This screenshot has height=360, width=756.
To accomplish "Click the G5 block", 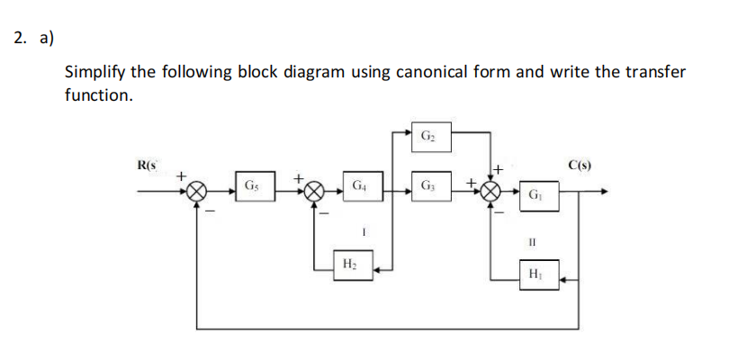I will [x=254, y=187].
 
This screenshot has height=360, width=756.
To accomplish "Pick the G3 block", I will [x=427, y=187].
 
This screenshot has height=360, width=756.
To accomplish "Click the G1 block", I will [x=535, y=193].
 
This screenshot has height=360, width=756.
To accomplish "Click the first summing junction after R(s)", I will [x=198, y=191].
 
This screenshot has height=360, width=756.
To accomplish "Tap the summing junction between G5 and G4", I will [x=313, y=191].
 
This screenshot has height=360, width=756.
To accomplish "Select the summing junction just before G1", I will [x=490, y=191].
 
